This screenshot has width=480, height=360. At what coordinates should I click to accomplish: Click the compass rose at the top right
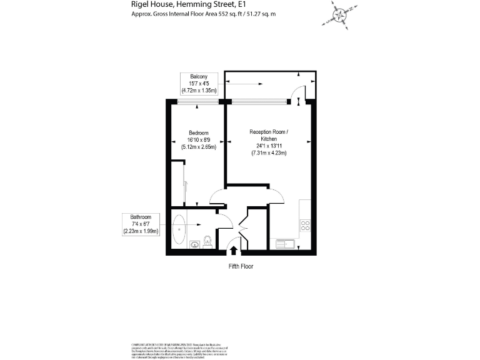[339, 14]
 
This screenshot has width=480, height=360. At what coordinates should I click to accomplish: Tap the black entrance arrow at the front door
[234, 250]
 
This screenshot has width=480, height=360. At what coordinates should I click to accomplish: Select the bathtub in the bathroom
[179, 229]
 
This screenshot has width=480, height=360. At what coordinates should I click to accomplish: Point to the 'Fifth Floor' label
[240, 266]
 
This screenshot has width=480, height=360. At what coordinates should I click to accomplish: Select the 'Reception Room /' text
[269, 132]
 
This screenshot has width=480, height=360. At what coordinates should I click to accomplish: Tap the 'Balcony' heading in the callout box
[199, 76]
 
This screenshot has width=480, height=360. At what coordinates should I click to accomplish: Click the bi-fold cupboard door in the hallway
[243, 228]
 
